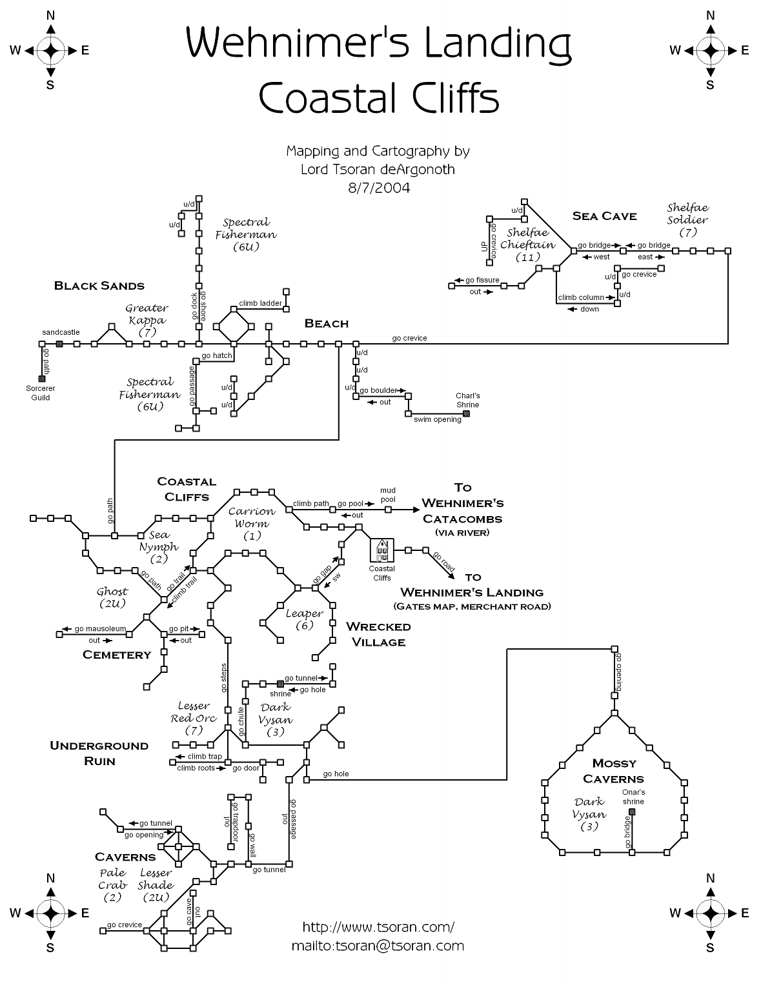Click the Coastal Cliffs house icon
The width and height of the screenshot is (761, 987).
point(381,550)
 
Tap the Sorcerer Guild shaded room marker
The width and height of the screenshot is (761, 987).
point(42,379)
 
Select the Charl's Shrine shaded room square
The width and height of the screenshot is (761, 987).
point(466,414)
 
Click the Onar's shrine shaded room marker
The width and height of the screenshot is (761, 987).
point(632,811)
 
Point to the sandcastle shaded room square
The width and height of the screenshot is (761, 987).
point(59,344)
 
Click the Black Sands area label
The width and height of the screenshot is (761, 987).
point(99,286)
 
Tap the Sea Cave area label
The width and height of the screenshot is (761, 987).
point(604,216)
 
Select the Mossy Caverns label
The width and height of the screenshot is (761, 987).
point(614,771)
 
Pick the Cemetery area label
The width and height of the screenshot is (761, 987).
point(117,655)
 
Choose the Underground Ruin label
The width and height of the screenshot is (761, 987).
point(99,753)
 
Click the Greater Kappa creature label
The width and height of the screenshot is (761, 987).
point(147,320)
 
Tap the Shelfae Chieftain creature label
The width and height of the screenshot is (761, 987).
point(527,244)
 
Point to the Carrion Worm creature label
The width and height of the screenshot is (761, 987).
point(252,523)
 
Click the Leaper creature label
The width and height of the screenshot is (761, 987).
point(304,619)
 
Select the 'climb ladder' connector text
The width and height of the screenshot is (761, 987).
point(260,303)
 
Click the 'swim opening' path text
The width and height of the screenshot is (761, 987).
point(438,419)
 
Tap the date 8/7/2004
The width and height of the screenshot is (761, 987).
point(378,188)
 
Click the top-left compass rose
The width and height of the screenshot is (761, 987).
point(50,50)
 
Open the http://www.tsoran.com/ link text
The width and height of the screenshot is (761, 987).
point(378,927)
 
